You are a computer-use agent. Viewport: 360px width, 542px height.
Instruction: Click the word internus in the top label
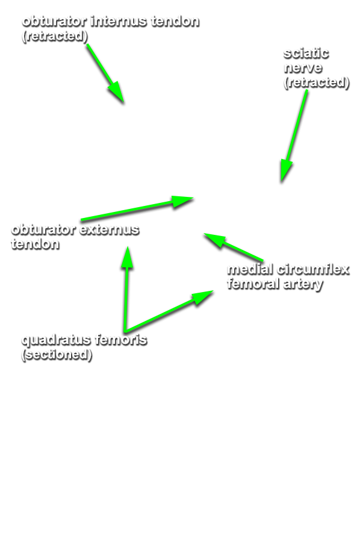click(x=119, y=22)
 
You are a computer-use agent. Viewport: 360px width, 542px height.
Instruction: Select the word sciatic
click(x=306, y=54)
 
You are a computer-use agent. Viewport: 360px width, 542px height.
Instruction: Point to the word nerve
click(x=303, y=68)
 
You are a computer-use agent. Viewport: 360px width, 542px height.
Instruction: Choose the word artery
click(x=303, y=285)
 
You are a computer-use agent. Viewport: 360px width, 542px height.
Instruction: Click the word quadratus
click(x=57, y=340)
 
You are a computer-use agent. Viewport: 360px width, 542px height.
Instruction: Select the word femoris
click(x=121, y=340)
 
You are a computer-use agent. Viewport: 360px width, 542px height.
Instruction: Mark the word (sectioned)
click(x=57, y=355)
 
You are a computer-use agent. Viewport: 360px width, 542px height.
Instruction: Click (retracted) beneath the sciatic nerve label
click(x=317, y=83)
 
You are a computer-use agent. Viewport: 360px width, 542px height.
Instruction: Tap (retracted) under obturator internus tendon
click(x=55, y=36)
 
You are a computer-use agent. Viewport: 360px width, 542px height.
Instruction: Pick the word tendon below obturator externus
click(x=36, y=244)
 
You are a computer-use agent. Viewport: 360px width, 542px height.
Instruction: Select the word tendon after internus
click(x=175, y=22)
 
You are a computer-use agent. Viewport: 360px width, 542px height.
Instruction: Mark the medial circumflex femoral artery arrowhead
click(x=206, y=234)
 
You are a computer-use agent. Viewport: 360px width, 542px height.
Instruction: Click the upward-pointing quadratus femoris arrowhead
click(x=128, y=248)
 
